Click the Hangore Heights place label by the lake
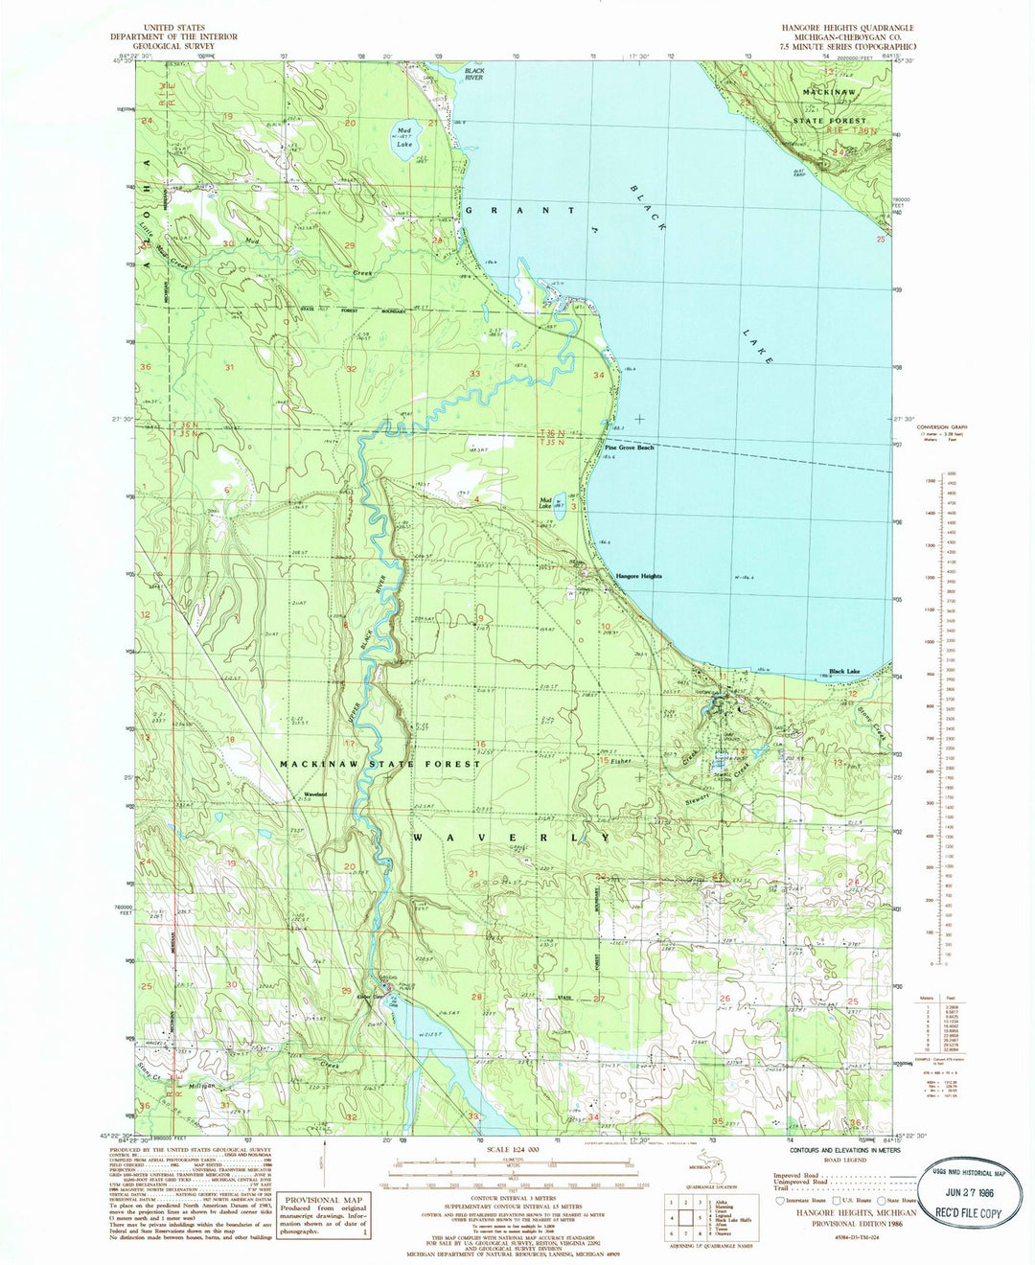(x=639, y=576)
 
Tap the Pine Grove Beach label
(x=629, y=448)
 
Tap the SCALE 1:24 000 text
(x=514, y=1150)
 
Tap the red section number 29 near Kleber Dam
(x=346, y=990)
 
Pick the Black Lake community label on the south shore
(x=844, y=672)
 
